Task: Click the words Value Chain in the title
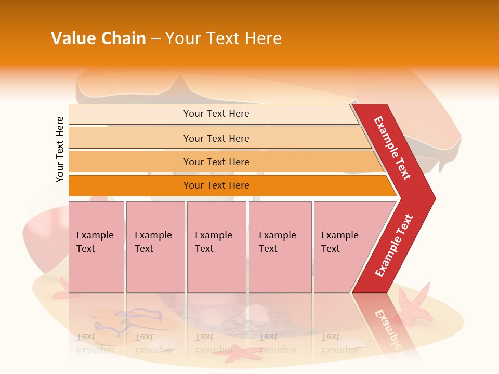[98, 38]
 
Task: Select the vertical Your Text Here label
[60, 149]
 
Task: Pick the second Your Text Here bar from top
[216, 138]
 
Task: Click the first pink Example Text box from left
[96, 247]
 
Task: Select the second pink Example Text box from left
[155, 247]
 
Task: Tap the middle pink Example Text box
[216, 247]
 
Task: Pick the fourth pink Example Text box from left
[280, 247]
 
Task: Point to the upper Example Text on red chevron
[392, 148]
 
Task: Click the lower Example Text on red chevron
[394, 245]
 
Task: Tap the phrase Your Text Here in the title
[224, 38]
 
